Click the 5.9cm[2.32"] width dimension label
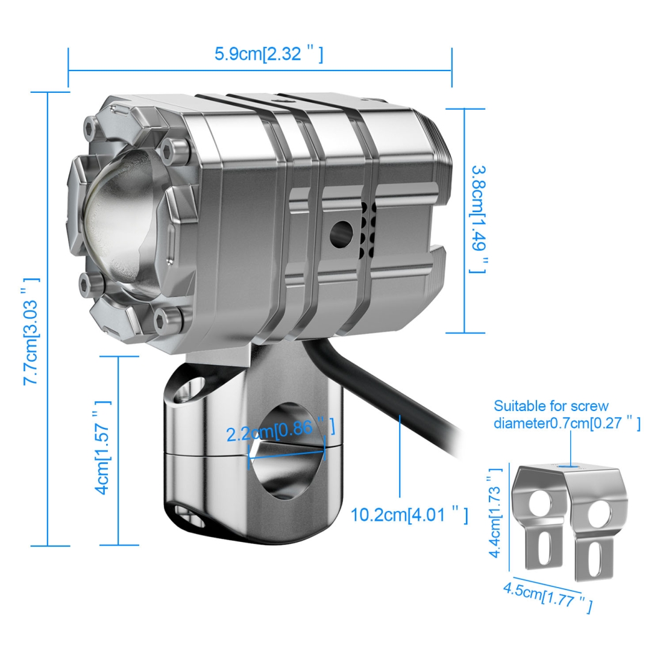269,54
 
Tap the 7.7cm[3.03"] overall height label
31,331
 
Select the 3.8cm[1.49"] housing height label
479,219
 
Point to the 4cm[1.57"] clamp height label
102,447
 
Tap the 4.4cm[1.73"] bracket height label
495,513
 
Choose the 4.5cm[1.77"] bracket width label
548,595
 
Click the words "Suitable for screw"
551,406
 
